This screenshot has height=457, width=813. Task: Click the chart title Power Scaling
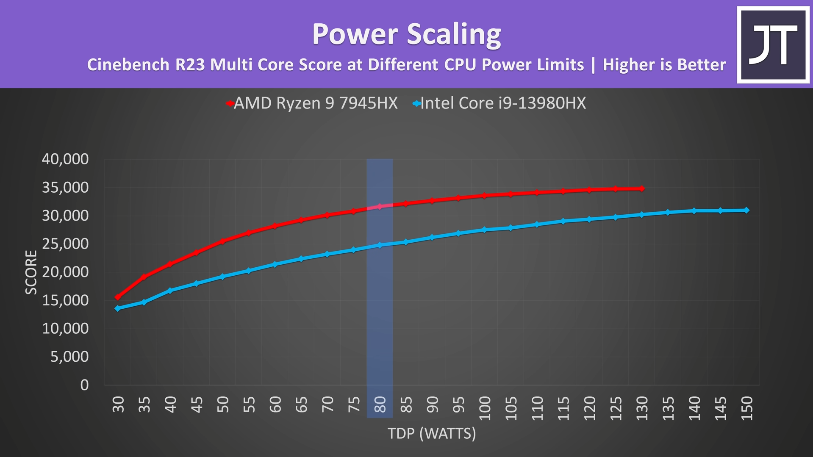coord(406,34)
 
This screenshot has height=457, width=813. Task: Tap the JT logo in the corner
coord(773,44)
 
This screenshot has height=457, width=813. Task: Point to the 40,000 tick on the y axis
coord(65,159)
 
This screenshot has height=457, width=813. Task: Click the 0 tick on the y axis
coord(84,385)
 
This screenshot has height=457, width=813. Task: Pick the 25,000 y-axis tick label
coord(65,244)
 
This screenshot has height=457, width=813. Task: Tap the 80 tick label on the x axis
coord(380,404)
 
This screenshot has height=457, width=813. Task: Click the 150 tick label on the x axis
coord(747,408)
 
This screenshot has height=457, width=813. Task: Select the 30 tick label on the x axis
coord(118,404)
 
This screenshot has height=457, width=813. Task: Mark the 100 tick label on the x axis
coord(485,408)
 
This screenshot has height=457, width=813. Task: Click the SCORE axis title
coord(31,272)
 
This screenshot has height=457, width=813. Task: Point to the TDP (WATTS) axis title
coord(432,433)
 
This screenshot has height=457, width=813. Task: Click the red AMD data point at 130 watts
coord(642,188)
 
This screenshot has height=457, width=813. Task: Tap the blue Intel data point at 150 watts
coord(746,210)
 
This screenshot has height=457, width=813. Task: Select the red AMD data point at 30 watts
coord(118,297)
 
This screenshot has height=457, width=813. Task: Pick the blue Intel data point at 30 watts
coord(118,308)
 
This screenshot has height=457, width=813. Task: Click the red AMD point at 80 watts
coord(380,207)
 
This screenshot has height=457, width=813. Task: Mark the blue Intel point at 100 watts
coord(485,230)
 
